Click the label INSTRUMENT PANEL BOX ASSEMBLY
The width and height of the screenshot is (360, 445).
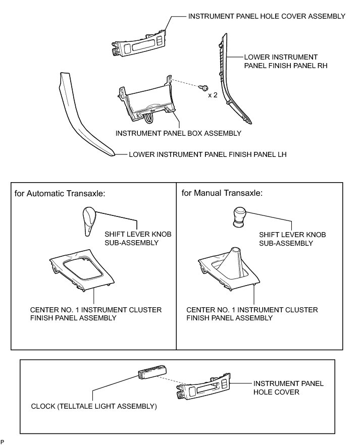tap(178, 134)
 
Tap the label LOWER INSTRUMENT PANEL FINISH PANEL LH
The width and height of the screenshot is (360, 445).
tap(208, 155)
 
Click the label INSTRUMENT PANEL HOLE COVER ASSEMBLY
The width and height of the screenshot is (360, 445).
tap(267, 16)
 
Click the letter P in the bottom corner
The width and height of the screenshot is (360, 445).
tap(3, 441)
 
